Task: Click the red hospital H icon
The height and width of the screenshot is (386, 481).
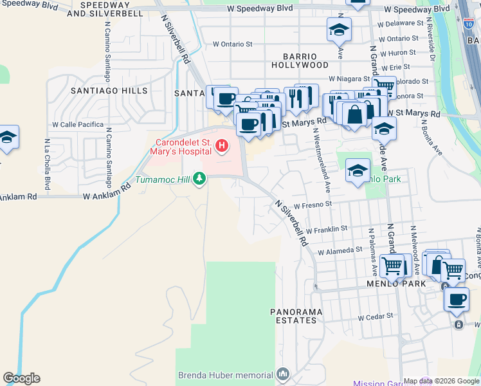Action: point(222,146)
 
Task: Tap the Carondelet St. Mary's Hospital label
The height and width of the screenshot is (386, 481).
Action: point(183,146)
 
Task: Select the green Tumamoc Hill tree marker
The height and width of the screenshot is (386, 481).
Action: point(200,178)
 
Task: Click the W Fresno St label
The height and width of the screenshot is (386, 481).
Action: point(312,205)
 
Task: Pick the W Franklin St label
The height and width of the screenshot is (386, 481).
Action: point(327,228)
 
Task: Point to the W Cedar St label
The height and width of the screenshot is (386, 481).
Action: point(375,318)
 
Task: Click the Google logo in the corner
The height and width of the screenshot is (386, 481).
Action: point(21,378)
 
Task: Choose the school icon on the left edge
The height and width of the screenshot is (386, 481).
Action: point(7,137)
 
